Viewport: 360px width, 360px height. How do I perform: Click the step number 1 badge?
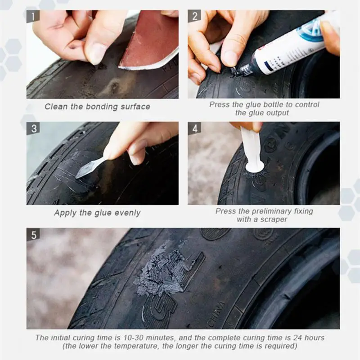click(x=33, y=16)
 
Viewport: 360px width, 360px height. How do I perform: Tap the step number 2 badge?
click(x=194, y=16)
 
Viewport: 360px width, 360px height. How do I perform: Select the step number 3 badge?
click(x=33, y=128)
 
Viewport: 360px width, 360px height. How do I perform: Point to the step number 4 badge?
click(x=194, y=128)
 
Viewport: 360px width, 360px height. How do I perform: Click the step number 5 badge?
click(x=33, y=234)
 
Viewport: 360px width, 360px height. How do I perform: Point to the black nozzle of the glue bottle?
click(x=244, y=70)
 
